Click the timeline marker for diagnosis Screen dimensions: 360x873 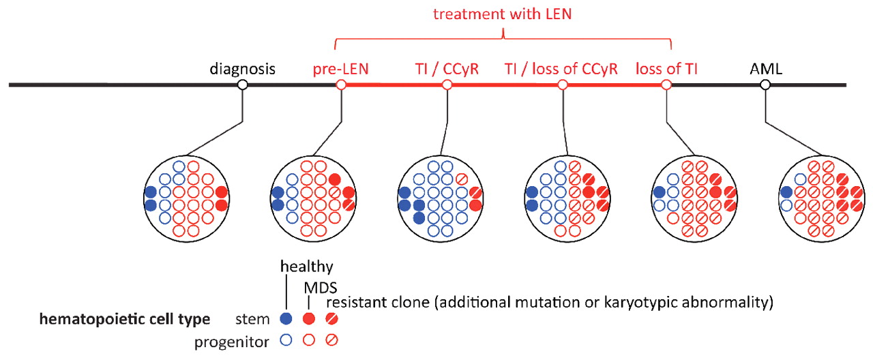(x=241, y=85)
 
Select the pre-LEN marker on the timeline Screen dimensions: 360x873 (x=342, y=85)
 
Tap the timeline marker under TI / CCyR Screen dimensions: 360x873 (x=447, y=85)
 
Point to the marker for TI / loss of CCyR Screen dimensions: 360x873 (x=563, y=85)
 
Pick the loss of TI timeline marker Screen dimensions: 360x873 (x=666, y=85)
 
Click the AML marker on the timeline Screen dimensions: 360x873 (x=765, y=85)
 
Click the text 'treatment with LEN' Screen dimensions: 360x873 (x=503, y=13)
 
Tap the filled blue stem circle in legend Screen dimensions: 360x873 (x=286, y=318)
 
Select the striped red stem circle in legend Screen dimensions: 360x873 (x=331, y=318)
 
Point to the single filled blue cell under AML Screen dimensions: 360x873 (x=786, y=192)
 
